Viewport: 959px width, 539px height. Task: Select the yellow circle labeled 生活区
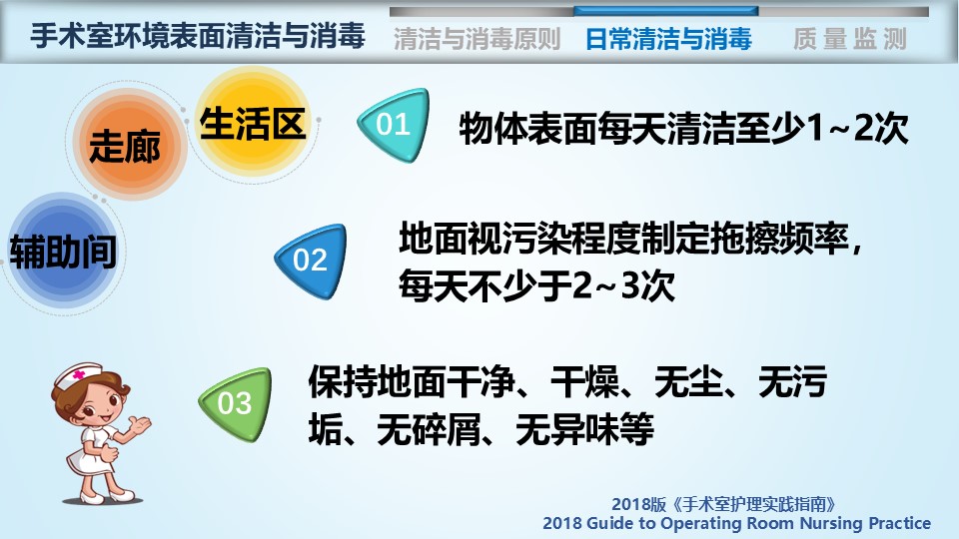252,122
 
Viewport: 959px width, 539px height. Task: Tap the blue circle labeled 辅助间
64,251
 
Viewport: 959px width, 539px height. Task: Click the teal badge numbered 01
394,125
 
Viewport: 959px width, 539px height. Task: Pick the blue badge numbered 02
311,261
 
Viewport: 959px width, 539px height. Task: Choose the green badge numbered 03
236,404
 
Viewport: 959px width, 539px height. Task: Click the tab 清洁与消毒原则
478,39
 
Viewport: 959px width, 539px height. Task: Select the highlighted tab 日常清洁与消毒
668,39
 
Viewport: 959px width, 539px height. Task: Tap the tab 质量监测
849,39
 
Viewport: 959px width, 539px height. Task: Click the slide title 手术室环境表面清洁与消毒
198,35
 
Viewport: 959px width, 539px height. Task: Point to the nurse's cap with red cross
78,373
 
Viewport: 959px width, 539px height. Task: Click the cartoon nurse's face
95,402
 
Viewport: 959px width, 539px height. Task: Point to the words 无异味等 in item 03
584,429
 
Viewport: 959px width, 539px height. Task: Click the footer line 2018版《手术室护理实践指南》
724,504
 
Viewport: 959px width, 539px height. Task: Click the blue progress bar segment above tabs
666,11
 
